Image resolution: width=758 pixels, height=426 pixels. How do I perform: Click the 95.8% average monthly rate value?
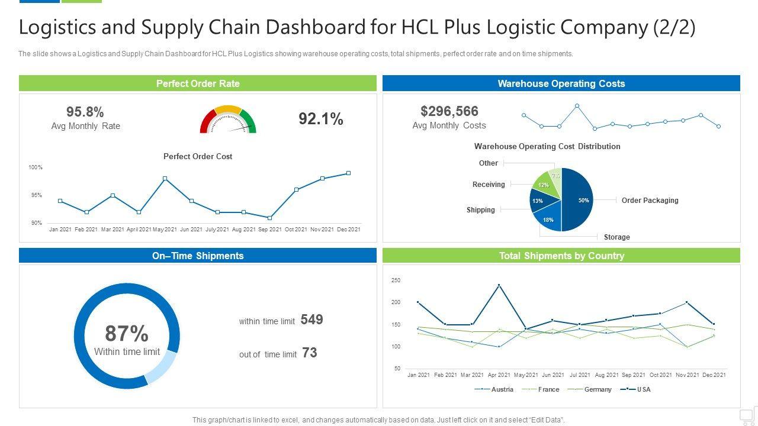point(85,112)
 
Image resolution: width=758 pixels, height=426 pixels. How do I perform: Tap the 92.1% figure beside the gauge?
point(320,119)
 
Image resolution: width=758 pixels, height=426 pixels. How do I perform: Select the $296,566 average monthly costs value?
point(449,111)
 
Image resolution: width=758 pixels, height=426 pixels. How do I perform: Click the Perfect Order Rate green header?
point(198,83)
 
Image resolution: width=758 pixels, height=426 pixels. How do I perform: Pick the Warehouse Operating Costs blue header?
point(561,83)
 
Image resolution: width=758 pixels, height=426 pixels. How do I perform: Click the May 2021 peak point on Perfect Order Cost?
point(165,178)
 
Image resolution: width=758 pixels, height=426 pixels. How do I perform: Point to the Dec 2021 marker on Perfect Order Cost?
point(348,173)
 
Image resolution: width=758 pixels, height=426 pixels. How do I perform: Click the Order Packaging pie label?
point(650,201)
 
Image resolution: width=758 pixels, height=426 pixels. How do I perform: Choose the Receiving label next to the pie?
point(489,185)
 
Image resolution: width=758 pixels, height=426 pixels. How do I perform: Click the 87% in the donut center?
point(127,334)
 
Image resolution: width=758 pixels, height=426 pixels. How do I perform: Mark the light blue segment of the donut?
point(162,367)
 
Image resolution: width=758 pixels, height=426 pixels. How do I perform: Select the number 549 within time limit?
point(311,320)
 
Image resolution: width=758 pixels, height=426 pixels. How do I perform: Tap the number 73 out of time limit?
point(310,353)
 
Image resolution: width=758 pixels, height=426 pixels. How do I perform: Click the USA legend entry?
point(643,389)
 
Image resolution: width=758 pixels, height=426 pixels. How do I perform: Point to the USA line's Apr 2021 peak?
point(499,285)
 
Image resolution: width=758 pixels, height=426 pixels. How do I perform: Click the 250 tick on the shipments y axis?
point(396,280)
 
